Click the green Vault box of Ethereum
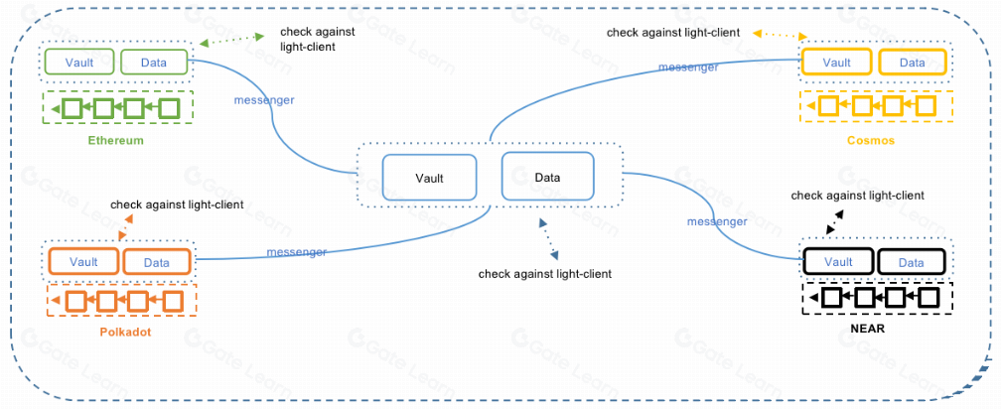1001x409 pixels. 80,63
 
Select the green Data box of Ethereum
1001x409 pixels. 155,63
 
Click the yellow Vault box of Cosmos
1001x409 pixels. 837,63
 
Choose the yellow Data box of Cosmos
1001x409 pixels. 912,63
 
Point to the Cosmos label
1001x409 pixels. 871,141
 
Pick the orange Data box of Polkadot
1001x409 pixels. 156,262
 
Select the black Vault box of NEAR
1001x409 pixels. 839,262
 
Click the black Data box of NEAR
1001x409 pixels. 911,262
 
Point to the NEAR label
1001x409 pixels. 873,327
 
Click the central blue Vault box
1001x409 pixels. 429,179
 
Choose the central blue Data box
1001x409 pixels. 547,178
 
